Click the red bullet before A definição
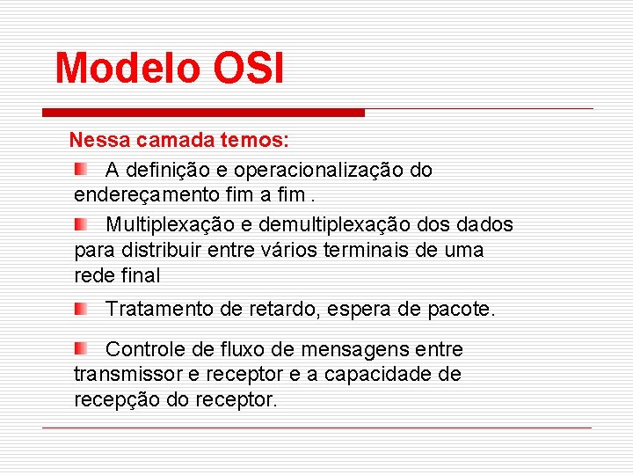(80, 168)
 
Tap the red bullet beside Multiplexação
(80, 223)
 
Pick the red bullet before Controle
(80, 348)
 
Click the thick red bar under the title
(203, 113)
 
